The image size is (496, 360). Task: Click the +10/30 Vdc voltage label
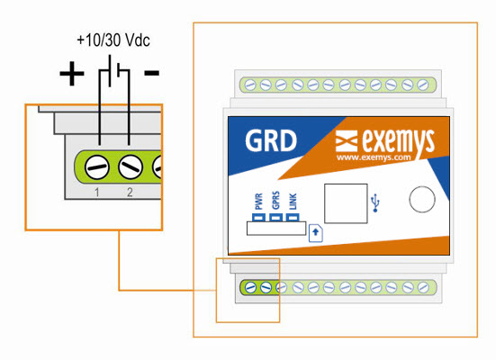click(x=113, y=40)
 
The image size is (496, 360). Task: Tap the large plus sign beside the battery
click(x=72, y=74)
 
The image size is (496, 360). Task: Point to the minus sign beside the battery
click(x=151, y=73)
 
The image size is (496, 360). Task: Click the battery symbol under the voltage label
click(x=113, y=71)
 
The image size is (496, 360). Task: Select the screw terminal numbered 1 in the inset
click(x=97, y=167)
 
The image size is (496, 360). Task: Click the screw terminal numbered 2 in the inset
click(x=130, y=166)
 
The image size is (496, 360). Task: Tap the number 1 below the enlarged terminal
click(x=97, y=192)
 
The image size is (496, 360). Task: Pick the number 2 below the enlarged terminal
click(x=130, y=192)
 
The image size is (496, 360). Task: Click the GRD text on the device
click(x=271, y=140)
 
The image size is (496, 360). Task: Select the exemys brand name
click(x=399, y=142)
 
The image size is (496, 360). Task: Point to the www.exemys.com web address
click(x=374, y=157)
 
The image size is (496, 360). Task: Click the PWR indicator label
click(x=258, y=202)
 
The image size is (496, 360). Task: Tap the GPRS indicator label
click(x=275, y=200)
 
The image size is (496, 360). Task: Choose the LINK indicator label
click(x=293, y=202)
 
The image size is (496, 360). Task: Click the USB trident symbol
click(x=375, y=202)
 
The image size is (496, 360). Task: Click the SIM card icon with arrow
click(x=316, y=233)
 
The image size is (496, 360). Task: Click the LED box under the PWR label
click(x=258, y=218)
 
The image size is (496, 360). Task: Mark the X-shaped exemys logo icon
click(x=347, y=140)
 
